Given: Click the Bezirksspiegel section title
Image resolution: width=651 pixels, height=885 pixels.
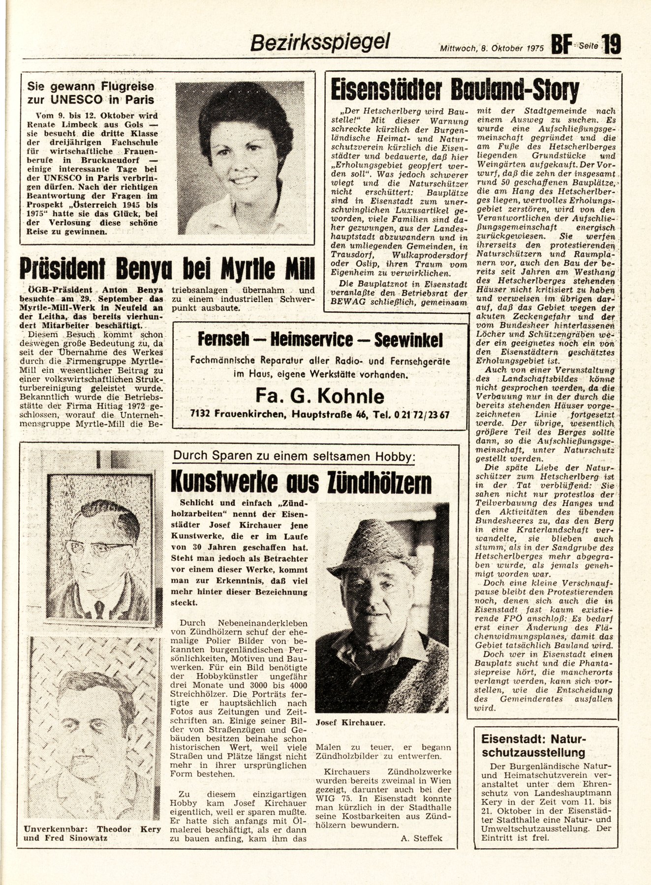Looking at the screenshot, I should pyautogui.click(x=320, y=42).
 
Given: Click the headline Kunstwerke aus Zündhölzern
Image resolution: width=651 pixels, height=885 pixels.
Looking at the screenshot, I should pyautogui.click(x=301, y=482).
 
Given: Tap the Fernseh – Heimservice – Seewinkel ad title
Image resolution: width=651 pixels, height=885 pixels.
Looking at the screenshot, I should pyautogui.click(x=320, y=339).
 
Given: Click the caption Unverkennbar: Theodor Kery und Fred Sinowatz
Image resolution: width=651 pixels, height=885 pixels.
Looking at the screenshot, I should pyautogui.click(x=93, y=834).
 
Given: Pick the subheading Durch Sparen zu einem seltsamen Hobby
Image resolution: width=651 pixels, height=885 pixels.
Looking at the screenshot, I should pyautogui.click(x=294, y=457).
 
